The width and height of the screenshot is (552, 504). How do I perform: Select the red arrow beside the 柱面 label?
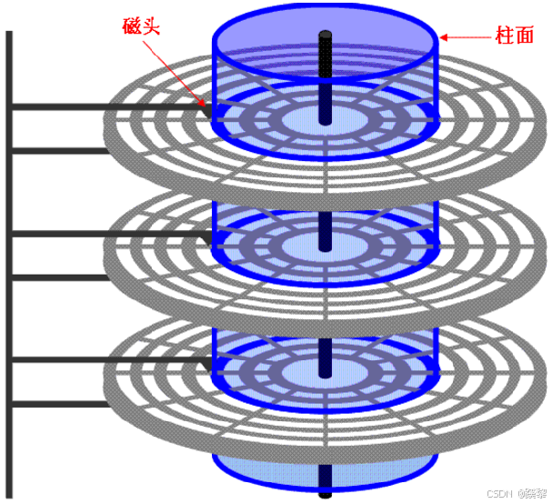pos(463,37)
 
